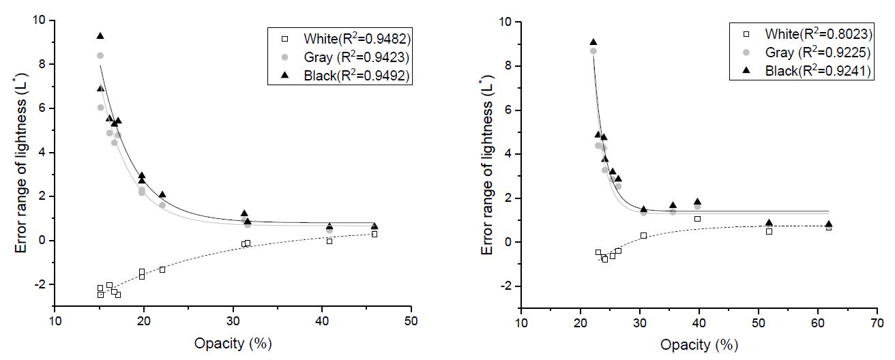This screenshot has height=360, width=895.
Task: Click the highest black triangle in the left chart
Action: pos(100,35)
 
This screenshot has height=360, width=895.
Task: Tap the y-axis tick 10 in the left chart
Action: pos(40,20)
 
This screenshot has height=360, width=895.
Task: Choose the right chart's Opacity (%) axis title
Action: pos(699,345)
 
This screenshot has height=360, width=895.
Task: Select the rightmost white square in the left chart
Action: pos(375,234)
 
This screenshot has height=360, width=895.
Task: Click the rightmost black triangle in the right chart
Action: pos(829,224)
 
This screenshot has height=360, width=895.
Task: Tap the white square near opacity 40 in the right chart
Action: pos(697,219)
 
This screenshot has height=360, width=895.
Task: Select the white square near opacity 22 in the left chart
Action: pos(162,269)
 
